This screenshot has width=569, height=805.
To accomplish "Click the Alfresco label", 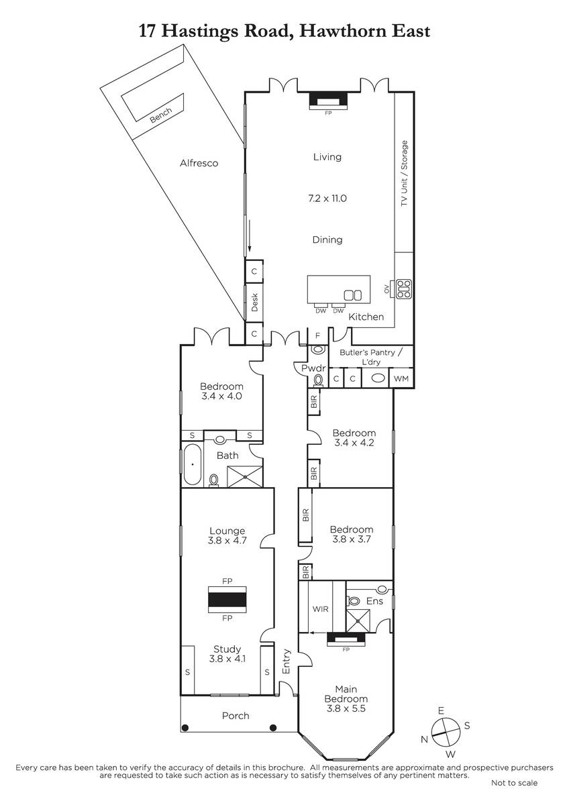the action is pyautogui.click(x=199, y=163).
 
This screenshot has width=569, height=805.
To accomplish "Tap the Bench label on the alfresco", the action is pyautogui.click(x=160, y=115).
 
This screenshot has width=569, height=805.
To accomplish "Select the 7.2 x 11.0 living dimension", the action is pyautogui.click(x=327, y=199).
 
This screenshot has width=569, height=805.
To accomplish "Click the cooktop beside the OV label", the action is pyautogui.click(x=404, y=288).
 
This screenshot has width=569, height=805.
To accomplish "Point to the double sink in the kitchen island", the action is pyautogui.click(x=353, y=295).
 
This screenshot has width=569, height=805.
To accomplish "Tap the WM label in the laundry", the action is pyautogui.click(x=401, y=379).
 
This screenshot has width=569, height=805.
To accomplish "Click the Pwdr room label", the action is pyautogui.click(x=313, y=368).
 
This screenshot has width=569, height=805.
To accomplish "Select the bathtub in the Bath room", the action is pyautogui.click(x=193, y=465).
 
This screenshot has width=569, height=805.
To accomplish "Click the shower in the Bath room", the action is pyautogui.click(x=245, y=476).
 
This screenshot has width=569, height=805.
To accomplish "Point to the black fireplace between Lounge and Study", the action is pyautogui.click(x=227, y=600).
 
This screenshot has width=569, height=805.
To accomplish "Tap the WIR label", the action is pyautogui.click(x=320, y=609).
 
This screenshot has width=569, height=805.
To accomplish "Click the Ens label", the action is pyautogui.click(x=374, y=601).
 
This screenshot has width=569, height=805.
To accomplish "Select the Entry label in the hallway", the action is pyautogui.click(x=286, y=661).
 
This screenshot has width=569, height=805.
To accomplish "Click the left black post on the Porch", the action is pyautogui.click(x=185, y=728).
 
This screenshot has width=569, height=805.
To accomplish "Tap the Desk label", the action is pyautogui.click(x=254, y=303).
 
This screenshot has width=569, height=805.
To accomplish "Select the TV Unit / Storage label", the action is pyautogui.click(x=405, y=173).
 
